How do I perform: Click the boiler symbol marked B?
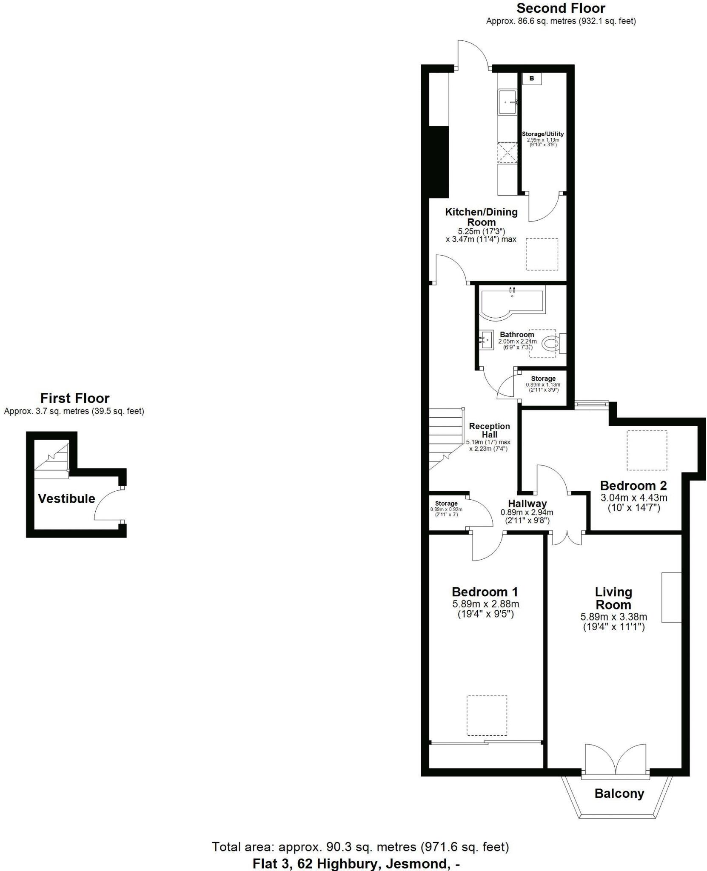532,78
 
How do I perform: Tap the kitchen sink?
507,102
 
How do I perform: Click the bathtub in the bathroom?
511,302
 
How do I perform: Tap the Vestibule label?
66,498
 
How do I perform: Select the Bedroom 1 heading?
485,592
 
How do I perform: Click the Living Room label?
613,598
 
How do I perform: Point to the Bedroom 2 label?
633,485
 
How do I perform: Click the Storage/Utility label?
542,134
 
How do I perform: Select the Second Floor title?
561,8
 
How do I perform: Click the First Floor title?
75,398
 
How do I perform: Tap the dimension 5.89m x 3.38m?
613,617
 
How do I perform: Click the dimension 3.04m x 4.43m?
633,497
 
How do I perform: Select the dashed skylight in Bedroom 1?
487,715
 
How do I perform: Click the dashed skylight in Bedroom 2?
646,450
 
